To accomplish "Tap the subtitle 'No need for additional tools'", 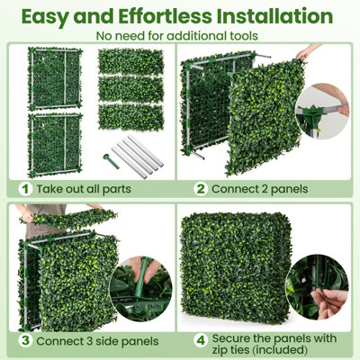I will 179,35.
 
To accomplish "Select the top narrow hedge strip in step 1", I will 130,61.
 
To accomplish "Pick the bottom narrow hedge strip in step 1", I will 130,117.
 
